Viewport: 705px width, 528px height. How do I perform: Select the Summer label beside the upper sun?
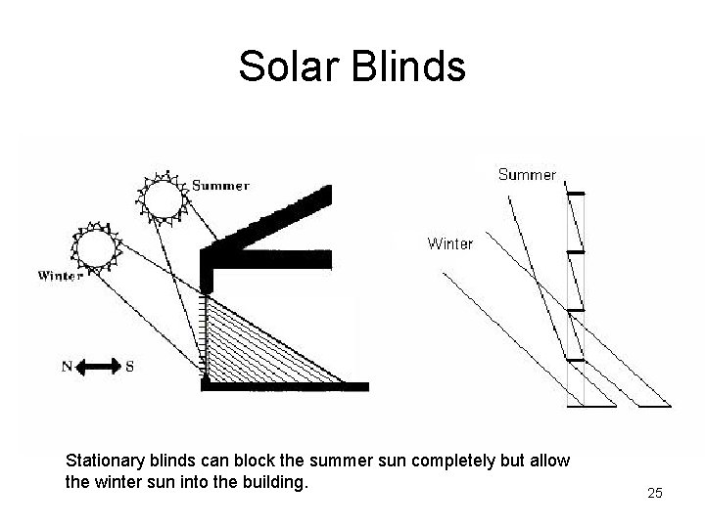pos(220,185)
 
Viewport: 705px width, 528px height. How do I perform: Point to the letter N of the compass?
pos(67,368)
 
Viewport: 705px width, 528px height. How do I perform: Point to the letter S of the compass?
pos(129,368)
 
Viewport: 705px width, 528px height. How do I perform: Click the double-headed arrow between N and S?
pos(97,368)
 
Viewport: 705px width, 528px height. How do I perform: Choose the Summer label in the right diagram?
pos(527,175)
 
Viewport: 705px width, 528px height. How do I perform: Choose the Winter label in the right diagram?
pos(449,243)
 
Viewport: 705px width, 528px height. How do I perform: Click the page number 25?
pos(655,494)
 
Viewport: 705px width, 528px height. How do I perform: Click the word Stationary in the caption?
pos(103,460)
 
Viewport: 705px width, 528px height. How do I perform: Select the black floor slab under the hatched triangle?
pos(284,386)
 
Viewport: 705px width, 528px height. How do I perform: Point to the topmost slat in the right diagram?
pos(578,195)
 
